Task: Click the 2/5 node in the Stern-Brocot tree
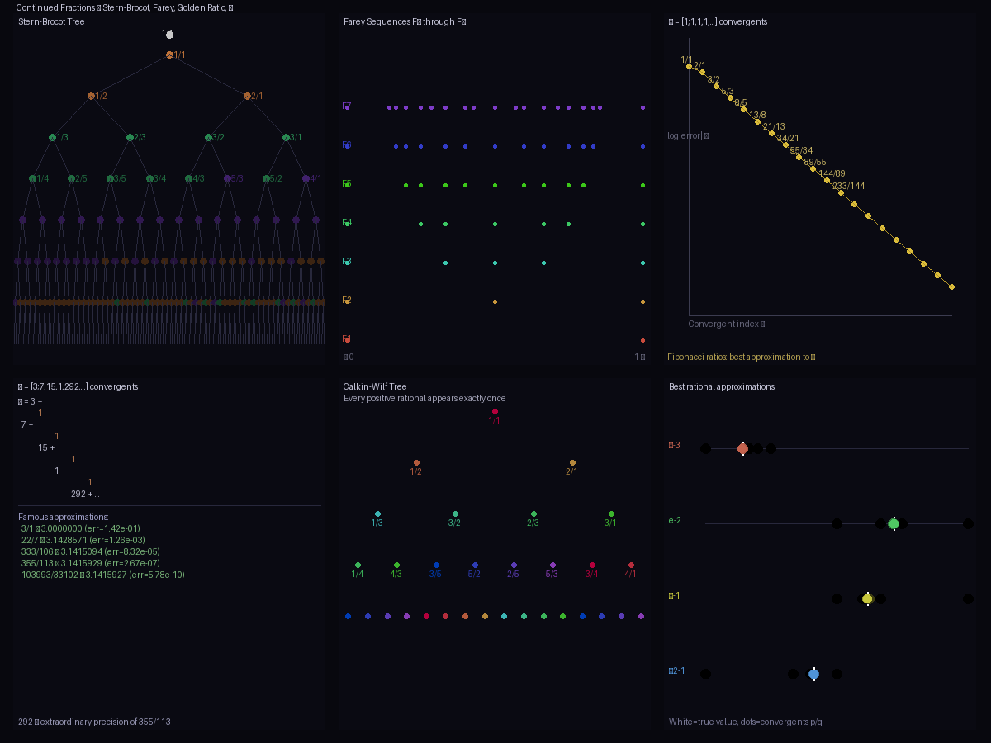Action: (x=72, y=178)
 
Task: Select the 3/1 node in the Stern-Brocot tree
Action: (x=287, y=137)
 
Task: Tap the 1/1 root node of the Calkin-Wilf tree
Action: (x=495, y=411)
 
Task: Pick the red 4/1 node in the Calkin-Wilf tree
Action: (x=631, y=566)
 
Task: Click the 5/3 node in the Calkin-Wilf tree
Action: (x=552, y=566)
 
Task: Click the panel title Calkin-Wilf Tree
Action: (x=375, y=386)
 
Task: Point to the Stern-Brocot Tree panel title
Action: (x=51, y=21)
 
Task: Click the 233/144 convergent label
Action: (x=849, y=186)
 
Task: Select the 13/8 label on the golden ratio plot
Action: (x=757, y=115)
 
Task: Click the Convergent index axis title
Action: (x=726, y=324)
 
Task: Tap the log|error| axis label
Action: (x=688, y=135)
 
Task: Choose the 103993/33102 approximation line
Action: (x=103, y=575)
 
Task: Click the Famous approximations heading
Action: (x=64, y=517)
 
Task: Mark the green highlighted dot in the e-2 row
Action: (x=894, y=523)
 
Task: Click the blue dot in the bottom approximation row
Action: (x=813, y=674)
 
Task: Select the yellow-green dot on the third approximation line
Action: (x=867, y=599)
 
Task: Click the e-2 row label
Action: (x=675, y=521)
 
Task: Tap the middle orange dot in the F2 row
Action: (x=495, y=301)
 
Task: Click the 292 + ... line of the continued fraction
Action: (x=85, y=494)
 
